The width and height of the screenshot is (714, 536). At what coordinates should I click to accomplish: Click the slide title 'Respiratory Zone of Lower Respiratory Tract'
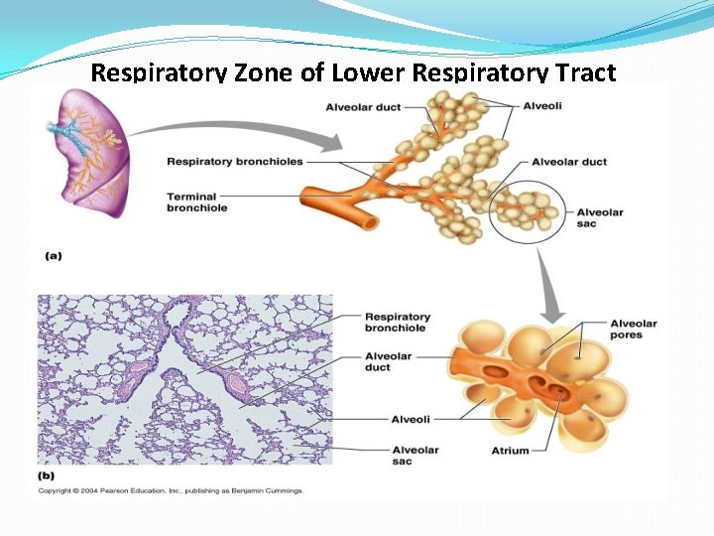point(353,72)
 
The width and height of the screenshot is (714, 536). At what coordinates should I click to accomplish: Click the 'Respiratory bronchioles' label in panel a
point(235,162)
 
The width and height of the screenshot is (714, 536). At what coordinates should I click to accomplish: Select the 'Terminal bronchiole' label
point(196,201)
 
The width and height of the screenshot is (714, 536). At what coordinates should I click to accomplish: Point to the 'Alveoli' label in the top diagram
point(542,106)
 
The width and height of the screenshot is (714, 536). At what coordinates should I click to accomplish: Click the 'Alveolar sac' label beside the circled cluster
point(600,217)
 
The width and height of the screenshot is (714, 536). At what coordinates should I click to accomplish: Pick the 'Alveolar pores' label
point(633,329)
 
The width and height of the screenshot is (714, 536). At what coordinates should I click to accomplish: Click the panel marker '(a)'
point(54,255)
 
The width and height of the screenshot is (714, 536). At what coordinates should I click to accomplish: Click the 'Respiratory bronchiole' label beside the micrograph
point(397,322)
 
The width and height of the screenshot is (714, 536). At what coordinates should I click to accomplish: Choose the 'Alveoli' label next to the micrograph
point(410,420)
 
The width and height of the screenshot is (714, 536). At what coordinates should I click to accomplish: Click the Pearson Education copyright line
point(171,490)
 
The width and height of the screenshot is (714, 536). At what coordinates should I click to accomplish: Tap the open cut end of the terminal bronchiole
point(369,222)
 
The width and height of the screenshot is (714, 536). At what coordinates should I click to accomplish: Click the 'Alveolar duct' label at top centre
point(363,107)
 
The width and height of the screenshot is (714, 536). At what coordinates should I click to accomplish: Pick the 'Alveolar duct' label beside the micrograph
point(389,361)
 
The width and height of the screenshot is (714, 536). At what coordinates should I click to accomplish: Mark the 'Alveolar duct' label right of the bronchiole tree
point(568,162)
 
